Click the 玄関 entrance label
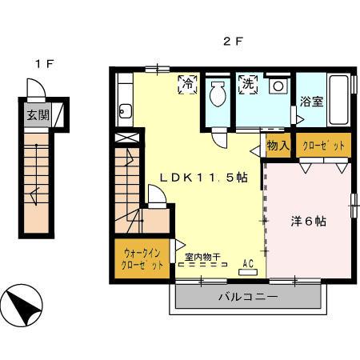(x=37, y=114)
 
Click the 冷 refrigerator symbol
(x=187, y=83)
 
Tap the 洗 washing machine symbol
(x=246, y=83)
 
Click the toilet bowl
(x=217, y=97)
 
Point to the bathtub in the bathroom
(x=338, y=100)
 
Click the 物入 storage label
(x=278, y=146)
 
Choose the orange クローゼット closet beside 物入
(x=323, y=146)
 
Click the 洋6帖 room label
(x=307, y=222)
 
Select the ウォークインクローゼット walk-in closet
(x=142, y=258)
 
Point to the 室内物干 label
(x=203, y=256)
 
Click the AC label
(x=247, y=262)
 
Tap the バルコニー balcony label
(x=247, y=298)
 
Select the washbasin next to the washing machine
(x=278, y=85)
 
